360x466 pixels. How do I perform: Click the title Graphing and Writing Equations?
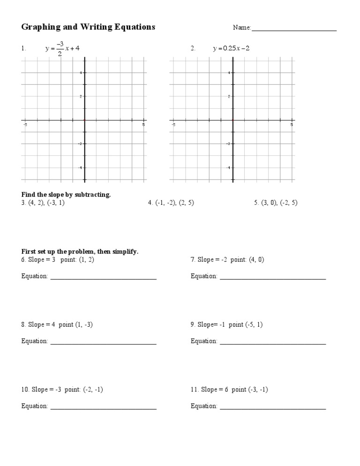point(88,27)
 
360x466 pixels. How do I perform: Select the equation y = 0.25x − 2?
point(231,48)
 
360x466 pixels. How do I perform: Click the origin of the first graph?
point(85,120)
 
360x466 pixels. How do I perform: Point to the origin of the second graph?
point(233,120)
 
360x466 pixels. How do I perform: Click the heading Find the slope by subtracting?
point(66,195)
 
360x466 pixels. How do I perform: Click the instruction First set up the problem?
point(80,252)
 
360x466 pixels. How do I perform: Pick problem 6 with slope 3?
point(58,260)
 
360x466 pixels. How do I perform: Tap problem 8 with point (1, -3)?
point(57,324)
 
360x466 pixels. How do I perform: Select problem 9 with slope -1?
point(226,324)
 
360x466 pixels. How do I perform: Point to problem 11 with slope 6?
point(229,390)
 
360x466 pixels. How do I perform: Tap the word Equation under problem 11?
point(203,406)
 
